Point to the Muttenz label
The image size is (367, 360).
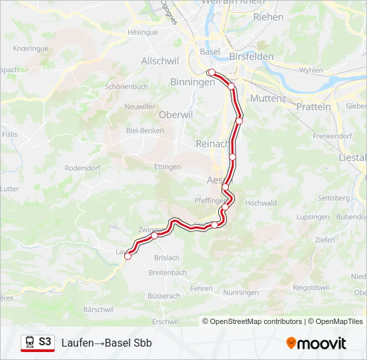tap(268, 98)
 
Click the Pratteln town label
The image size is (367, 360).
tap(314, 107)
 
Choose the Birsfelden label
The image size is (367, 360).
tap(251, 57)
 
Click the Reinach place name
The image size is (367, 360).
tap(212, 143)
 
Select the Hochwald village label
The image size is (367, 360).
tap(261, 203)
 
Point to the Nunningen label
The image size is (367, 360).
tap(241, 293)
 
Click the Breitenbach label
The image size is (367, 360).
tap(167, 273)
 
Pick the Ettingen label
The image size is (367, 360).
tap(167, 167)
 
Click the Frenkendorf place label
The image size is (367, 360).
tap(332, 136)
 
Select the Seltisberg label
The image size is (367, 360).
tap(334, 198)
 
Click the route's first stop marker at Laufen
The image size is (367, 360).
tap(127, 256)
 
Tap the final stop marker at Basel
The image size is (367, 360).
tap(211, 72)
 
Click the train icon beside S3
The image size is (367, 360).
tap(29, 343)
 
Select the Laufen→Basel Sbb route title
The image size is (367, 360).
tap(107, 343)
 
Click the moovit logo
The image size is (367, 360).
tap(316, 343)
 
